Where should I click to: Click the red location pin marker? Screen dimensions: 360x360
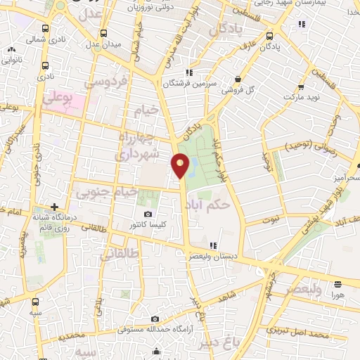pos(181,165)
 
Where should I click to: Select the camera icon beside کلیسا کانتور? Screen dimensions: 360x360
pos(148,214)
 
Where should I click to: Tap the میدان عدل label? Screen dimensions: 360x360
pos(103,44)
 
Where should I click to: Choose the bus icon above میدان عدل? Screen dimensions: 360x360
pos(104,32)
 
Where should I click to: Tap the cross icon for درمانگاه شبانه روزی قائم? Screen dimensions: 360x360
pos(54,207)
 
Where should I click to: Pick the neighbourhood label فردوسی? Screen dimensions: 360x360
pos(107,82)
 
